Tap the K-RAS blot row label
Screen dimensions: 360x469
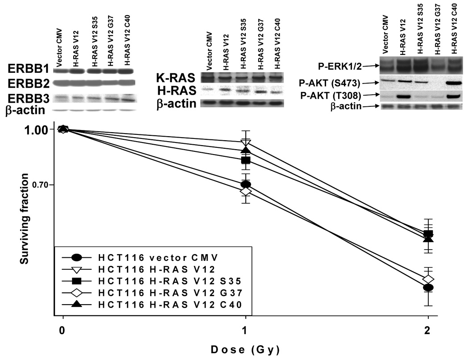(176, 78)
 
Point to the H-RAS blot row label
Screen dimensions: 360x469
(176, 91)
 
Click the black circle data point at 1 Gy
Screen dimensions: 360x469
(245, 184)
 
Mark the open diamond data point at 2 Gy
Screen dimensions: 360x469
(428, 279)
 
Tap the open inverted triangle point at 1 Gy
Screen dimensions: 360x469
(245, 142)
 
